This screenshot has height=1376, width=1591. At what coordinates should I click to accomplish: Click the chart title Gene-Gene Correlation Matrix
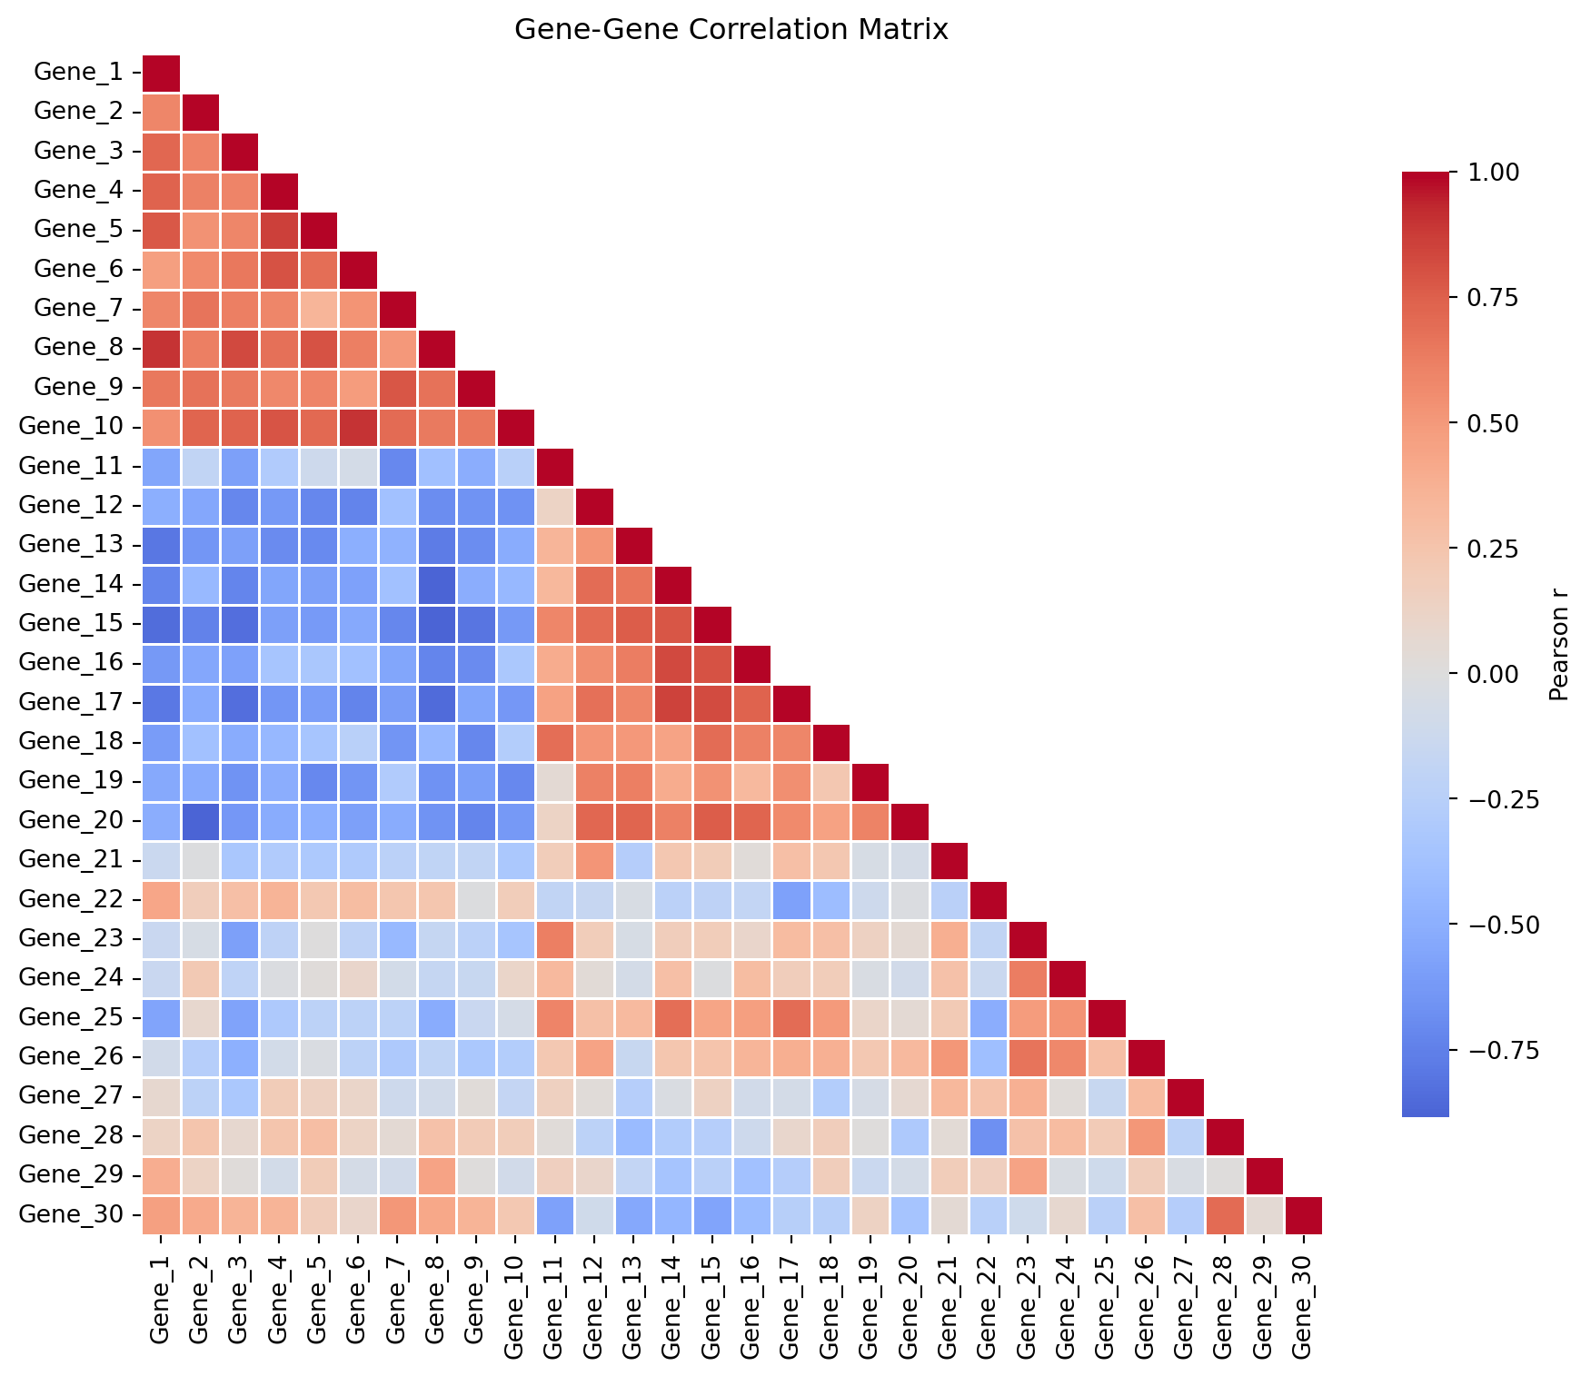pos(731,30)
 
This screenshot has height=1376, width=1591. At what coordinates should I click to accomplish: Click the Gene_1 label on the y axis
pos(77,72)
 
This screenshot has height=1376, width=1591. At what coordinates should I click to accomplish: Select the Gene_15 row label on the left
pos(70,623)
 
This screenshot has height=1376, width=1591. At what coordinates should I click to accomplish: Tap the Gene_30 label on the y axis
pos(70,1214)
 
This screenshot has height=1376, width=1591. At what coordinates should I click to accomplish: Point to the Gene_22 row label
pos(70,899)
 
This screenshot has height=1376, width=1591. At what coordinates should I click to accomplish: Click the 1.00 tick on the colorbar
pos(1494,172)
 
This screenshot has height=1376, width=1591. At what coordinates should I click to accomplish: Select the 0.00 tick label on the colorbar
pos(1494,674)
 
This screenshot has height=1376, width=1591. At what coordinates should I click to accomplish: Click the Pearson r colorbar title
pos(1558,643)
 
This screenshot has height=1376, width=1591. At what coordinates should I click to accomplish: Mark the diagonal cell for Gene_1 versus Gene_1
pos(161,72)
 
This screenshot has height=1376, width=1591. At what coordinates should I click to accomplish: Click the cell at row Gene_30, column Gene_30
pos(1302,1214)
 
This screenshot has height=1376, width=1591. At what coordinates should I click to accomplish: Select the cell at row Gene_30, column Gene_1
pos(161,1214)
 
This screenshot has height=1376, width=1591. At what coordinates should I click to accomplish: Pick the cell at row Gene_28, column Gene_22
pos(988,1135)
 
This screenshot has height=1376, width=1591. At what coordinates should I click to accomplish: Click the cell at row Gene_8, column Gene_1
pos(161,347)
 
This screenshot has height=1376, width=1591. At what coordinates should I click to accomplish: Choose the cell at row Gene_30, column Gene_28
pos(1224,1214)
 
